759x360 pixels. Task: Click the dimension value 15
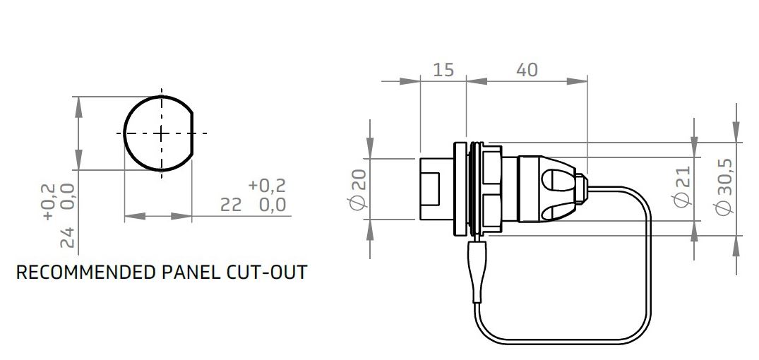[x=443, y=70]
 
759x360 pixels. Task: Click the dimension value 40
[x=526, y=70]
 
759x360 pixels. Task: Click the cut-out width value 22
[x=231, y=205]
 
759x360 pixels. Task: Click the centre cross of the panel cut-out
[x=161, y=133]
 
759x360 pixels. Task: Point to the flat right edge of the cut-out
[x=192, y=133]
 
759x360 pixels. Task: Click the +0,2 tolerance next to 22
[x=268, y=186]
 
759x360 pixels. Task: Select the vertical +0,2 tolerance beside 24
[x=48, y=201]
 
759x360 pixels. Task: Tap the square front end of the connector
[x=432, y=189]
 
